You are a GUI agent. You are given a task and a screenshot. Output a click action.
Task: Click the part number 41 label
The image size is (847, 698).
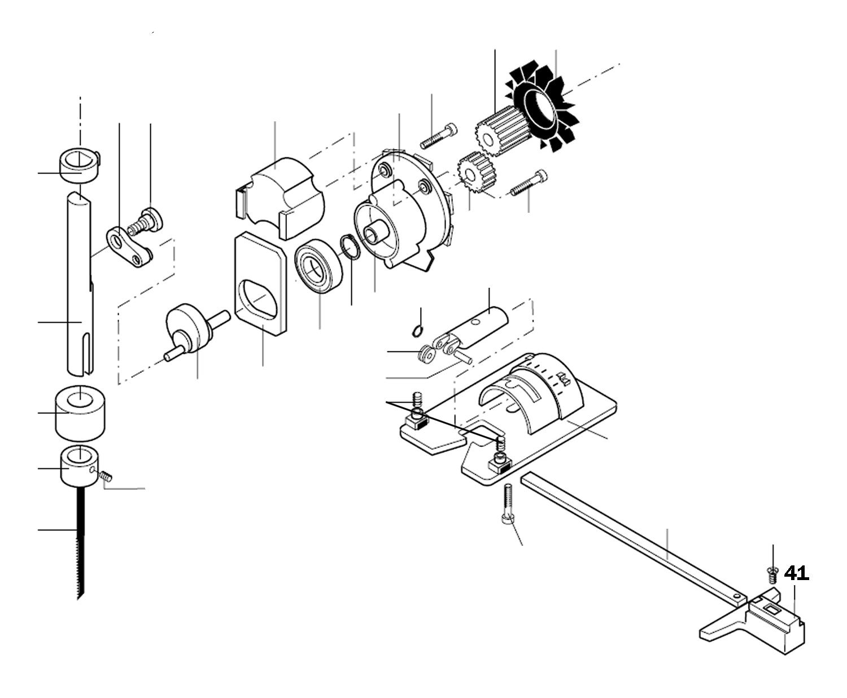pyautogui.click(x=796, y=573)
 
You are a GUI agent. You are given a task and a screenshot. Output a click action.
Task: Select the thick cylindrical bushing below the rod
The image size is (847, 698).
pyautogui.click(x=81, y=412)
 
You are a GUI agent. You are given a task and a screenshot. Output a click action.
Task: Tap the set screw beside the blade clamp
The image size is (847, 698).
pyautogui.click(x=105, y=476)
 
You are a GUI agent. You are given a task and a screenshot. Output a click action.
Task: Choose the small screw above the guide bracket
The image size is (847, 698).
pyautogui.click(x=772, y=575)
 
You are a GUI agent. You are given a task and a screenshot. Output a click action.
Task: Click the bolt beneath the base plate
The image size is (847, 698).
pyautogui.click(x=508, y=505)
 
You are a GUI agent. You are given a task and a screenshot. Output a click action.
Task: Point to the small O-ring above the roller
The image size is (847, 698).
pyautogui.click(x=417, y=331)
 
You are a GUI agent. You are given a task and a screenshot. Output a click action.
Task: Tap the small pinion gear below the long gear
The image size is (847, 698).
pyautogui.click(x=473, y=172)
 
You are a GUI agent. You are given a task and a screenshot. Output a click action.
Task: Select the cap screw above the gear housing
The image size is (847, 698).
pyautogui.click(x=438, y=135)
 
